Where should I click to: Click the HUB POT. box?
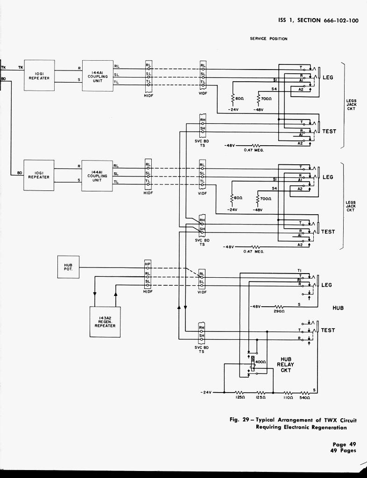(68, 266)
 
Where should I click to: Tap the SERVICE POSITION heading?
(268, 39)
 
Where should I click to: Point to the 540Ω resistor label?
(305, 398)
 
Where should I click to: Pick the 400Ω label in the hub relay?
(261, 362)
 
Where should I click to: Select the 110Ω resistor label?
(288, 398)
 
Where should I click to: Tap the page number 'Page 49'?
(344, 444)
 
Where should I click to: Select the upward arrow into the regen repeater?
(116, 295)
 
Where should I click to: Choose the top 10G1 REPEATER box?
(39, 76)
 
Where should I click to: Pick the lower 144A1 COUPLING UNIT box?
(97, 176)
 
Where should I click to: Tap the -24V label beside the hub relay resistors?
(206, 392)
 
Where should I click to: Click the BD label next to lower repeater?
(20, 173)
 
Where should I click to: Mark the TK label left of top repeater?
(20, 67)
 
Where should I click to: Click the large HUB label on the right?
(338, 308)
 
